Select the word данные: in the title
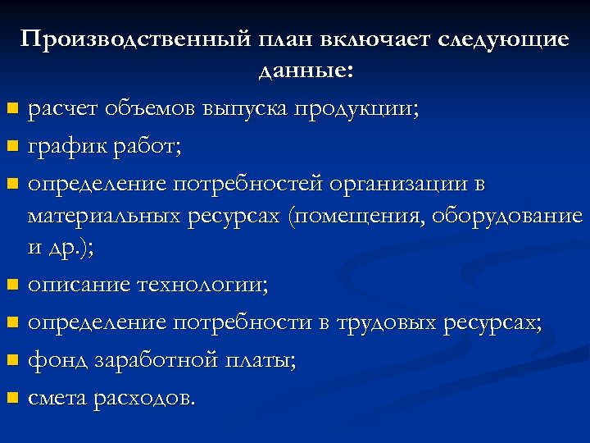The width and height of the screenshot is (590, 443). (306, 71)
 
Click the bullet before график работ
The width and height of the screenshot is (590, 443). (11, 148)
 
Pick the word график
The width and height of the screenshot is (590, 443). (63, 147)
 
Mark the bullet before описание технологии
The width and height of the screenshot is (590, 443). (11, 286)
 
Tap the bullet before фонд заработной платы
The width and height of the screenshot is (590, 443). (11, 361)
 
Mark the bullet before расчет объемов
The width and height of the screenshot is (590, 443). (11, 110)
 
